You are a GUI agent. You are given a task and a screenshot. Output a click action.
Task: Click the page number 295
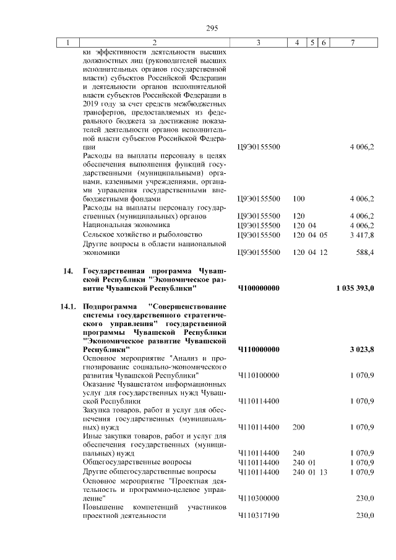coord(199,27)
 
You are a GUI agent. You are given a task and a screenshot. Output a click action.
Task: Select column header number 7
coord(352,43)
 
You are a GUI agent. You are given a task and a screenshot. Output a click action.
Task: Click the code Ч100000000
coord(259,288)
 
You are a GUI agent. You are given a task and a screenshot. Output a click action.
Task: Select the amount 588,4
coord(364,252)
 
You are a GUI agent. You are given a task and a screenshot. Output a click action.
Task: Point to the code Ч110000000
coord(259,350)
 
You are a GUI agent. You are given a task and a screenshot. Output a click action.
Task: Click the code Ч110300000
coord(259,498)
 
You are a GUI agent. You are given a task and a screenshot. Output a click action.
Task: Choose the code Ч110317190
coord(259,516)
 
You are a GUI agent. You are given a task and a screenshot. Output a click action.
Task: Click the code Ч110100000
coord(259,375)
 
